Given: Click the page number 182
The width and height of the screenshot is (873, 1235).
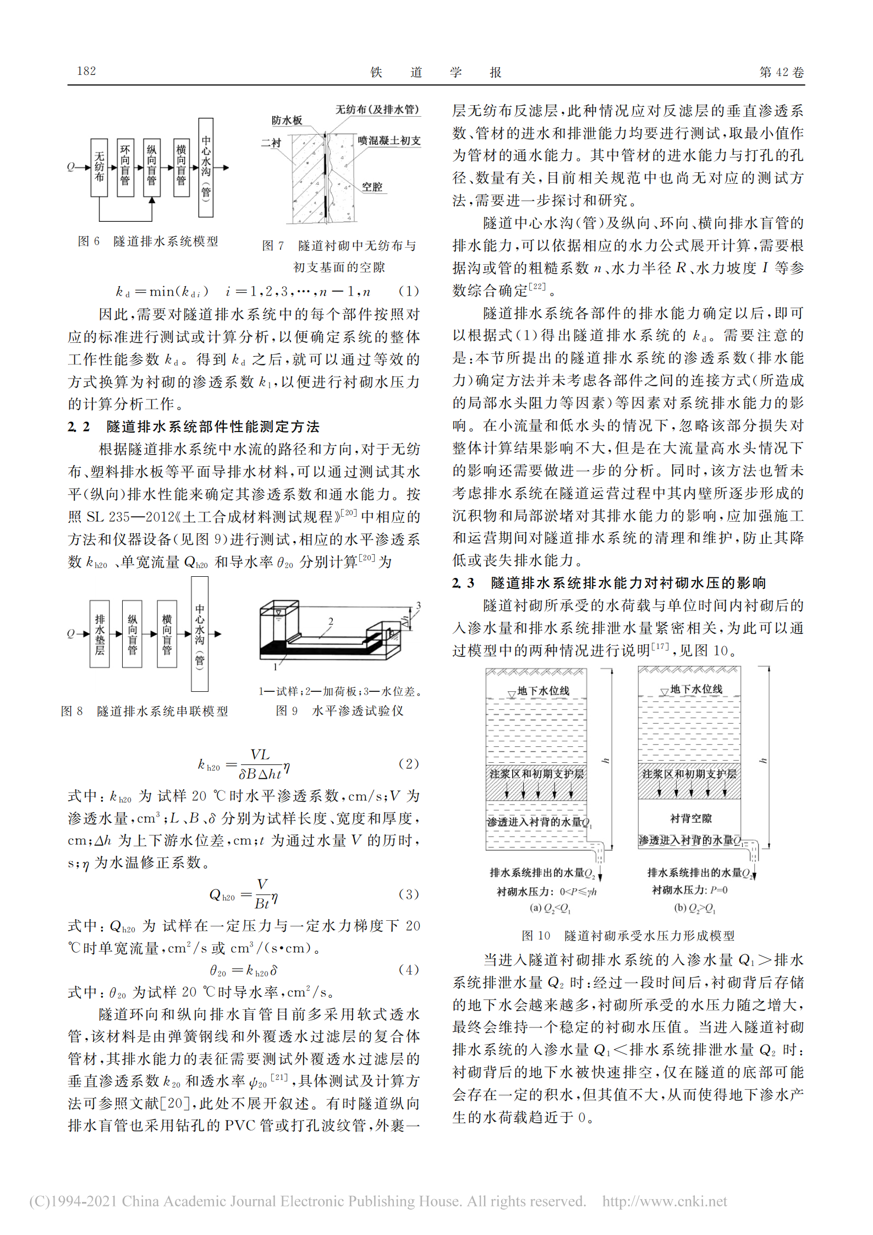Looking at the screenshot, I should coord(86,71).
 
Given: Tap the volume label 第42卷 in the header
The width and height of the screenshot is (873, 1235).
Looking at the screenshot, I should coord(781,72).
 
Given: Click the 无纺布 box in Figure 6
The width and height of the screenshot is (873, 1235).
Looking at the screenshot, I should coord(99,167).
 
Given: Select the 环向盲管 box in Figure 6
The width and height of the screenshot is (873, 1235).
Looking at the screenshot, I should coord(125,167).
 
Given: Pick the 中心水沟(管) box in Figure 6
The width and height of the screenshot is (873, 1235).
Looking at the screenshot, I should coord(206,167).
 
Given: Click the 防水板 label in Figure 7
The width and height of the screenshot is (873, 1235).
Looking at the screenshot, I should coord(287,121).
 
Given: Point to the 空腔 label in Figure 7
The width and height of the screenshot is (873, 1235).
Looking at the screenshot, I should coord(372,187).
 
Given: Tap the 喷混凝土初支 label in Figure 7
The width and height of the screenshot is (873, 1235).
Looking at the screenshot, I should coord(389,141).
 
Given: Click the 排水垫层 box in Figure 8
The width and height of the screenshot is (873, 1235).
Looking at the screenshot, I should coord(100,634).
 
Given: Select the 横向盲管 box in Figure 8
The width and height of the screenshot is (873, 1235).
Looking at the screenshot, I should coord(167,634).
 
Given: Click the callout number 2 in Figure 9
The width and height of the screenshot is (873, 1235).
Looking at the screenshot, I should coord(331,621).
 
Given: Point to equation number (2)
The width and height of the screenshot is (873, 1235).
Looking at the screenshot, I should coord(408,763).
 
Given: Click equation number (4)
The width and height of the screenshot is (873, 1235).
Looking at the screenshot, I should coord(408,969).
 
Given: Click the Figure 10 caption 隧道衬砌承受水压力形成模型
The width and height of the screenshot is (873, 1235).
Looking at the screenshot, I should coord(649,936).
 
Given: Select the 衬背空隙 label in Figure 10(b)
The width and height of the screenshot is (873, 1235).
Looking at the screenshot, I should coord(691,818).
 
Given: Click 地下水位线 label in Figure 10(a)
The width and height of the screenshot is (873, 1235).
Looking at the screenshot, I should coord(543,691).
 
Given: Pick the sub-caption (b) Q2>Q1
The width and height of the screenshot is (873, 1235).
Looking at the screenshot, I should coord(695,908).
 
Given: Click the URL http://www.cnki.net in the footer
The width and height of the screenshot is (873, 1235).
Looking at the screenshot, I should coord(665,1201).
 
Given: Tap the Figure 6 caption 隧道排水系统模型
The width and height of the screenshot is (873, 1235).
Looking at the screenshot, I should coord(166,241).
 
